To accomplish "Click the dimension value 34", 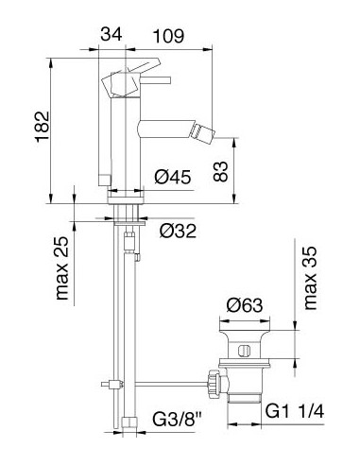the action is coord(111,34).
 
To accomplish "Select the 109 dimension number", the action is coord(168,36).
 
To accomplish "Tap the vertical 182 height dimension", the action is coord(43,127).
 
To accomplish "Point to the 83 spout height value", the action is coord(220,171).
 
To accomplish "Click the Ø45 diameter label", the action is coord(173,177).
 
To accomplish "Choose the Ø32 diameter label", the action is coord(178,231).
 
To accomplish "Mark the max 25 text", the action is coord(61,267).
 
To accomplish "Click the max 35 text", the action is coord(310,279).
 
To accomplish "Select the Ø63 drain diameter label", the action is coord(245,305).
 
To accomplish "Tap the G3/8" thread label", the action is coord(178,419).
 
